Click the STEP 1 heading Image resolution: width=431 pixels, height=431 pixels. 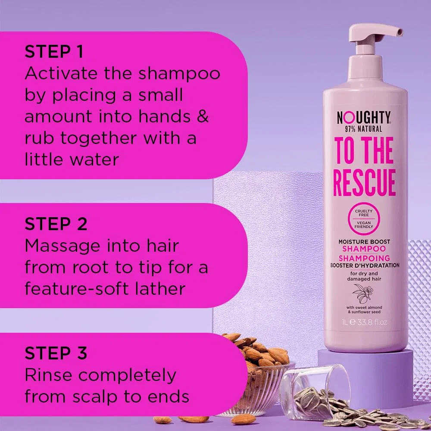pos(54,52)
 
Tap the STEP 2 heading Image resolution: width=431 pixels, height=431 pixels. pos(56,224)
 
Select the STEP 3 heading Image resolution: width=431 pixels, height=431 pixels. pos(56,353)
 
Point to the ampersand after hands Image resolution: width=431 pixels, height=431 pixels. pos(203,116)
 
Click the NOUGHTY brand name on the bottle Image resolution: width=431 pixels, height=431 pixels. pos(363,118)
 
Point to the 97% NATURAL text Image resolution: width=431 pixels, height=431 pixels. pos(363,129)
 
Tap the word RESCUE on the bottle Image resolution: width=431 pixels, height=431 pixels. pos(364,182)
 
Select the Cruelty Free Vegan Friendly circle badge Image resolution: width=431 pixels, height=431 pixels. pos(364,219)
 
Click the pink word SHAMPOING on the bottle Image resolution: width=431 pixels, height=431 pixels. pos(364,258)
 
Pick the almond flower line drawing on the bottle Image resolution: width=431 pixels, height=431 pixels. pos(363,294)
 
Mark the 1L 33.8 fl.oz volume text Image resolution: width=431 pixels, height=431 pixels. pos(365,322)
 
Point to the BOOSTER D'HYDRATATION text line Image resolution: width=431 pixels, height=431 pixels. pos(365,265)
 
